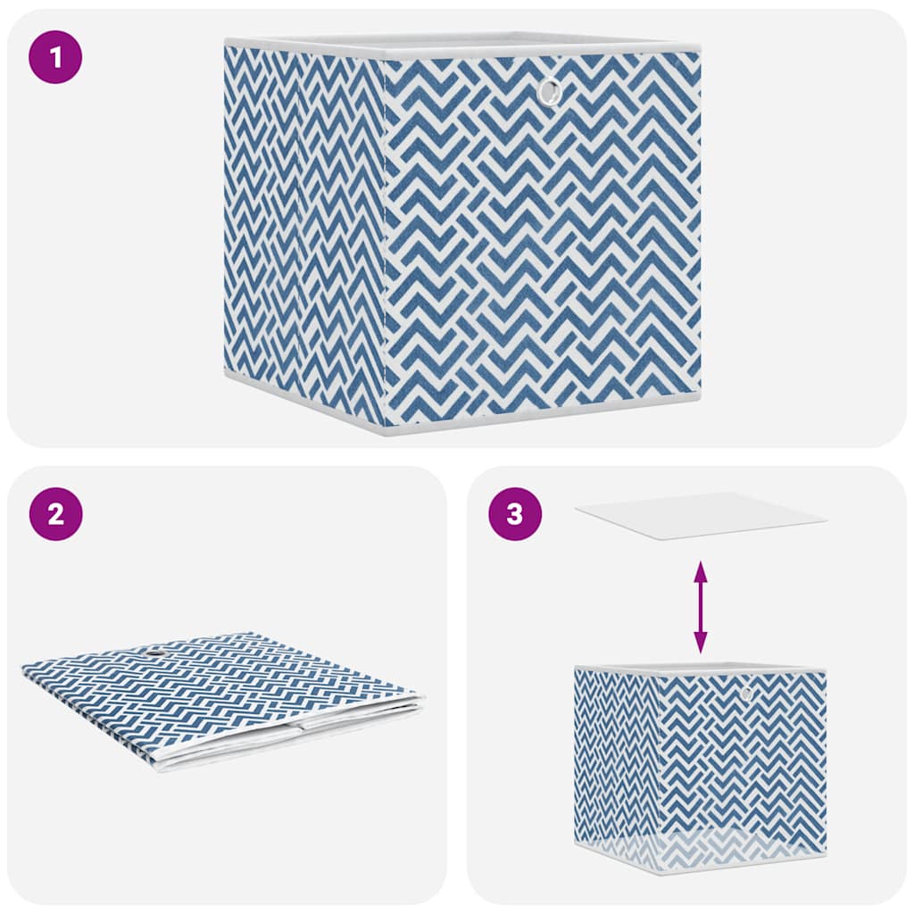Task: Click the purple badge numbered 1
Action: point(55,57)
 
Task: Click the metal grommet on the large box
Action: point(550,90)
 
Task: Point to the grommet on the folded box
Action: point(159,657)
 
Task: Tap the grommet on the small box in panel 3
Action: point(745,693)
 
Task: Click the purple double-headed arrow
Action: point(701,606)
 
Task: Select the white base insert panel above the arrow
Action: point(701,515)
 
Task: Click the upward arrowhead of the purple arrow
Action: point(701,569)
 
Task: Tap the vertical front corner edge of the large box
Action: point(383,241)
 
